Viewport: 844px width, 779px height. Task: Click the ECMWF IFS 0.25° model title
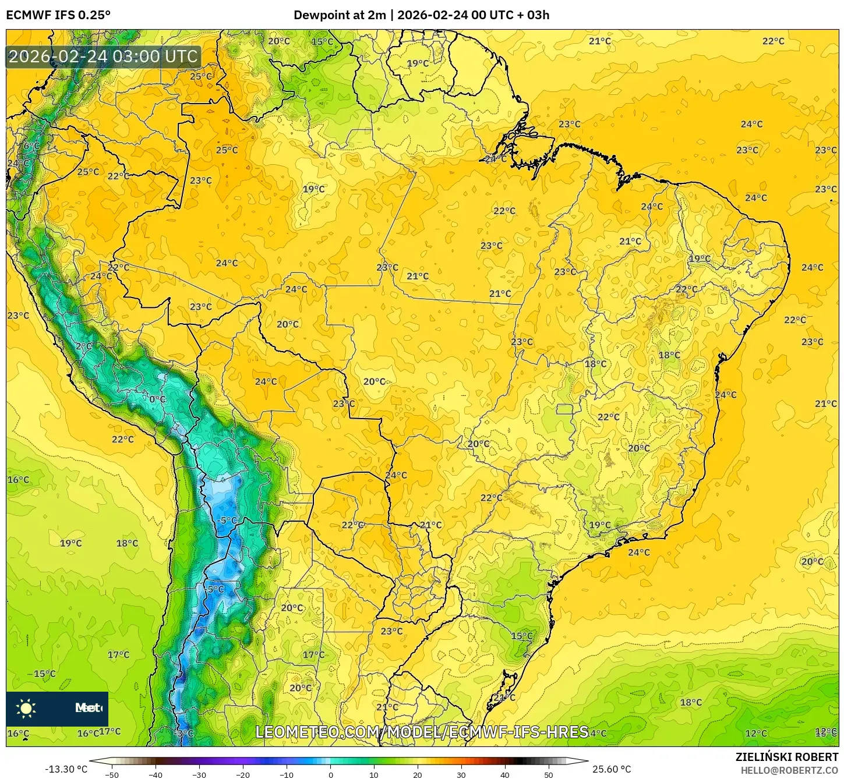(58, 15)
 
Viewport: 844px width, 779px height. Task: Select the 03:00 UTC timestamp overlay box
(104, 57)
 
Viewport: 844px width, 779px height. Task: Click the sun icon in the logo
(26, 708)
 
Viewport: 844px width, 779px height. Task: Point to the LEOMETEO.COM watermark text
(422, 732)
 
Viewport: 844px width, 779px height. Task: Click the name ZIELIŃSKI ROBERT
(787, 757)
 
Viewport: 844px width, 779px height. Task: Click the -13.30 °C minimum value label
(66, 769)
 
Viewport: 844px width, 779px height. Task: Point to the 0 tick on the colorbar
(330, 774)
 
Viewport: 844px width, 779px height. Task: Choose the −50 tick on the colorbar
(111, 774)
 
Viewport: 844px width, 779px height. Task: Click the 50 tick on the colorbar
(549, 774)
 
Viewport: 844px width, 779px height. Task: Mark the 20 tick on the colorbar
(418, 774)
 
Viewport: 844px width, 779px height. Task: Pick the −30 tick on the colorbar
(199, 774)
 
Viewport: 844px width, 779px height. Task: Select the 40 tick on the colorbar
(505, 774)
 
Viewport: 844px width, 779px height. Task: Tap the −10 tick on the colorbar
(286, 774)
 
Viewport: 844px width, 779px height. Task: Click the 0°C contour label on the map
(157, 399)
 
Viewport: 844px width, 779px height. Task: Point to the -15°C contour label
(44, 674)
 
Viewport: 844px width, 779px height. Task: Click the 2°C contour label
(83, 346)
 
